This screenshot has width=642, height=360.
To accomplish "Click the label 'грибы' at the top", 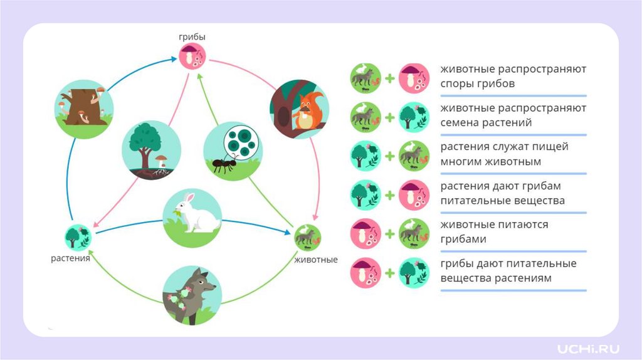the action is point(192,38).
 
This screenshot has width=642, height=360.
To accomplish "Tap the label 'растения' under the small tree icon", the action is point(70,258).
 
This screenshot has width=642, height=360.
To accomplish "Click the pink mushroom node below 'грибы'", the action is point(192,58).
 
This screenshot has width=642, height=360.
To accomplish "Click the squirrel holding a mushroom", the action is point(300,109).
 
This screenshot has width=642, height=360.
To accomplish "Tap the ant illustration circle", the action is point(233,151).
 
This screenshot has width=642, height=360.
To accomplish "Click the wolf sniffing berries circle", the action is point(192,296).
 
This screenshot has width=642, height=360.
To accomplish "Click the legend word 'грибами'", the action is point(463,240).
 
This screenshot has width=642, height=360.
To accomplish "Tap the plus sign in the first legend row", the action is point(389,78).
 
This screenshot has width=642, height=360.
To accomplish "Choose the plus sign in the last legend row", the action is point(389,273).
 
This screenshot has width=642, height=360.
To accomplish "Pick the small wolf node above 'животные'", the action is point(308,238).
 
